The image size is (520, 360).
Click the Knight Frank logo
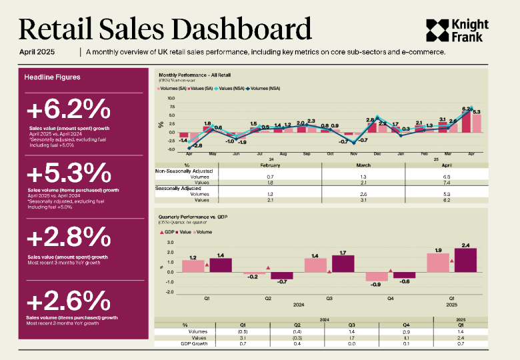[457, 31]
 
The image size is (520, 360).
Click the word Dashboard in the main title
[239, 30]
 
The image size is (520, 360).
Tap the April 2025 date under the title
[36, 52]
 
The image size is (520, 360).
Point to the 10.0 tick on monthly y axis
[171, 97]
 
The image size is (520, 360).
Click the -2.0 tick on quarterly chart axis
[170, 291]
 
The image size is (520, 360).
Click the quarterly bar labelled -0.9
[377, 276]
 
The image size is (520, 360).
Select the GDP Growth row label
[193, 343]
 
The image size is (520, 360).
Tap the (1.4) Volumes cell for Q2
[297, 331]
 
